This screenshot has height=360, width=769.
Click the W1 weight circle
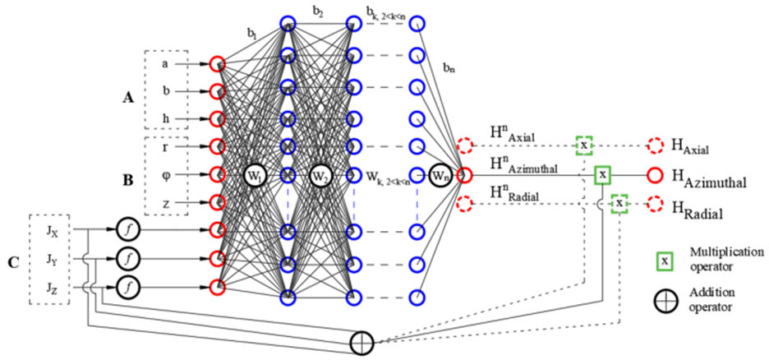tap(255, 175)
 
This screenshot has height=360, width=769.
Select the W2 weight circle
tap(320, 175)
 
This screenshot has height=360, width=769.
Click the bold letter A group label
tap(127, 98)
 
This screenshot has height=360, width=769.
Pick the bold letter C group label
tap(12, 264)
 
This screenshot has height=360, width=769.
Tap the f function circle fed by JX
tap(128, 228)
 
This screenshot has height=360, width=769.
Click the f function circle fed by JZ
tap(128, 287)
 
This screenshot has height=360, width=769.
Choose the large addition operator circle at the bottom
tap(361, 341)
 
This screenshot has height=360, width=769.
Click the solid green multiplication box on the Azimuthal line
tap(603, 174)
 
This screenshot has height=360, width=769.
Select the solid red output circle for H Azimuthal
tap(656, 174)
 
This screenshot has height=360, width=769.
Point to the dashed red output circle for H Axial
tap(656, 145)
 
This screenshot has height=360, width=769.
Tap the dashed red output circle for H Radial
tap(656, 203)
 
